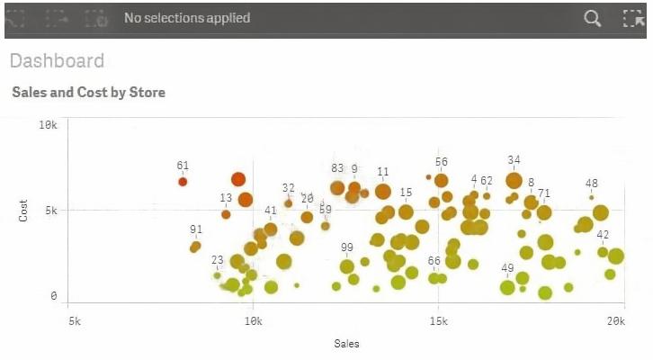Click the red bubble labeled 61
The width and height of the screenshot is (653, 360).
[183, 182]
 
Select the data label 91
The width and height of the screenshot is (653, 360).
[196, 229]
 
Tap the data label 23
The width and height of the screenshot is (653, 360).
[218, 261]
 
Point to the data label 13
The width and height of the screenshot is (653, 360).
[226, 198]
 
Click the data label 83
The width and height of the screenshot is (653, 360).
[337, 168]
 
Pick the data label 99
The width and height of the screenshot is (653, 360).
[347, 247]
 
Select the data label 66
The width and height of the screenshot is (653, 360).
[434, 261]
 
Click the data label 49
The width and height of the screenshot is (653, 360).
[508, 268]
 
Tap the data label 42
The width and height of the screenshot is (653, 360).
[603, 235]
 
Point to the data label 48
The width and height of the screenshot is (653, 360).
[592, 184]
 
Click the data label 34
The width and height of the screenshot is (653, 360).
[514, 160]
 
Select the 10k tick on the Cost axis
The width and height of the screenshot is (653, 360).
[49, 124]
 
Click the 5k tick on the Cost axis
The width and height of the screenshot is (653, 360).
[51, 210]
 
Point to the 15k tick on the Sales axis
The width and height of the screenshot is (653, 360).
[437, 320]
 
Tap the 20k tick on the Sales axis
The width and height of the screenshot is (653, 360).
[616, 320]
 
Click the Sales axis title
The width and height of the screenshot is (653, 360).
[346, 343]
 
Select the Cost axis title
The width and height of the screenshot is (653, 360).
[24, 211]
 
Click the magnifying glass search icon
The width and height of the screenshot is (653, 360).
[592, 18]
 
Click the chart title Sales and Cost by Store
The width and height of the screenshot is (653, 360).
[88, 93]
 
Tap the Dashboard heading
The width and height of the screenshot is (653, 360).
[57, 61]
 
